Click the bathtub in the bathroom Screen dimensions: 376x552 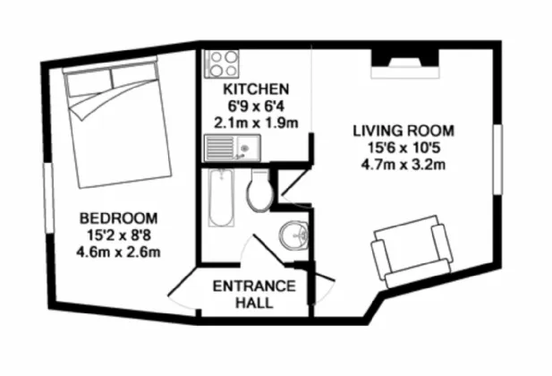point(219,199)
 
